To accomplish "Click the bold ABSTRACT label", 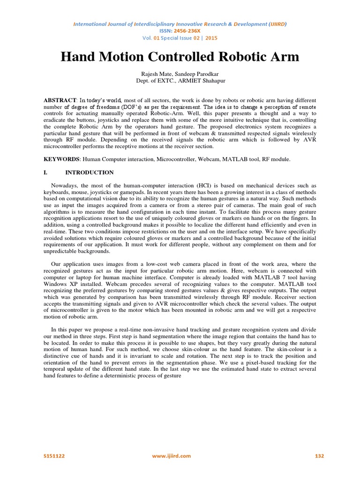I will (x=60, y=100).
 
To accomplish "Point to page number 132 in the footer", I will (x=319, y=456).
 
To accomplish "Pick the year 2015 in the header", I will (x=212, y=38).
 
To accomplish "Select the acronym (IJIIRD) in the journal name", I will (x=276, y=24).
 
